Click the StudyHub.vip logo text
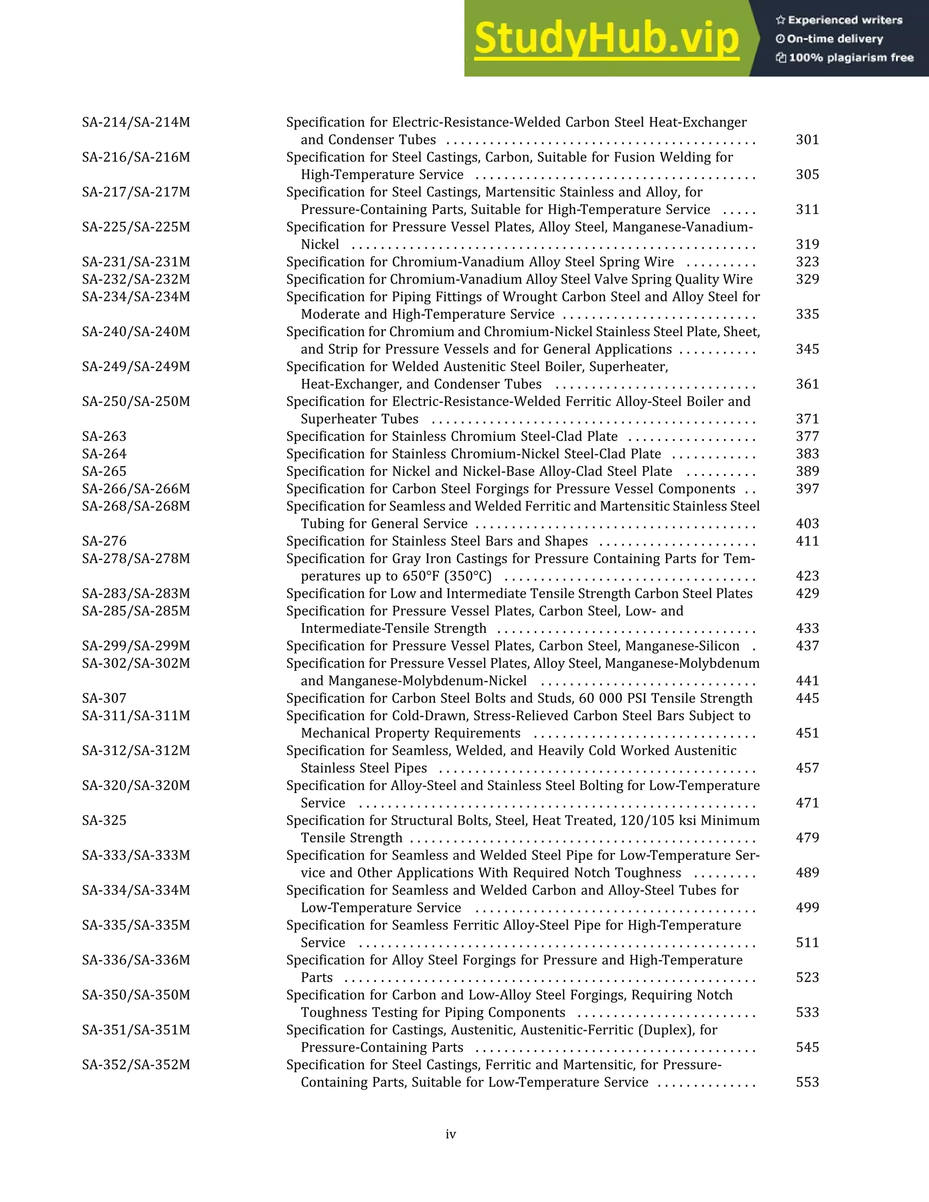coord(606,39)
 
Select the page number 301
coord(807,140)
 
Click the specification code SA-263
coord(104,436)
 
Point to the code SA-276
coord(104,541)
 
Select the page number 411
coord(807,541)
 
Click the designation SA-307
coord(104,699)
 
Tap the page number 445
coord(807,699)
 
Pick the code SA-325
coord(104,821)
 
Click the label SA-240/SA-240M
coord(136,332)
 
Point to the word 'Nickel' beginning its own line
coord(320,244)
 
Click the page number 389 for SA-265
coord(807,472)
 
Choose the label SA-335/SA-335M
coord(136,925)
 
